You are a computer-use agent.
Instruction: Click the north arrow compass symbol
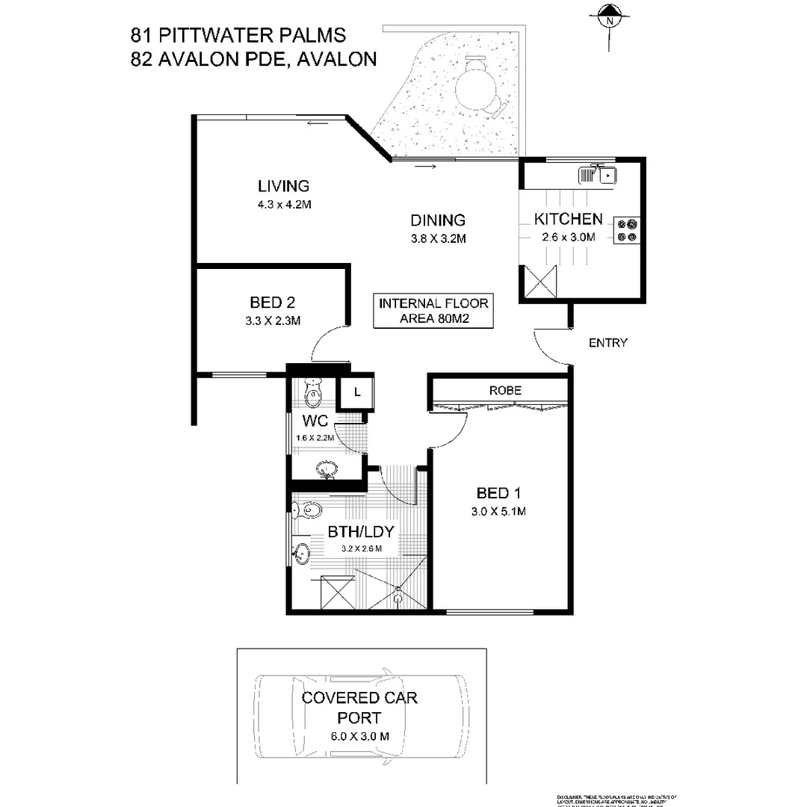click(610, 16)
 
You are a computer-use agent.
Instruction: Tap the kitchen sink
click(597, 176)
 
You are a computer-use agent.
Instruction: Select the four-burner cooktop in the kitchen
click(626, 230)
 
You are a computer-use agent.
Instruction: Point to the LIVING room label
click(283, 186)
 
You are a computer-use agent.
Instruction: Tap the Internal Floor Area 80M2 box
click(433, 311)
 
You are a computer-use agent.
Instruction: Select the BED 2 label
click(272, 303)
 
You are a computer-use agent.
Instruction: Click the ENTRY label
click(607, 343)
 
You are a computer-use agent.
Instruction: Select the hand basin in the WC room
click(327, 470)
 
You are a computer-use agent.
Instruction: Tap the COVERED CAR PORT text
click(359, 708)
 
